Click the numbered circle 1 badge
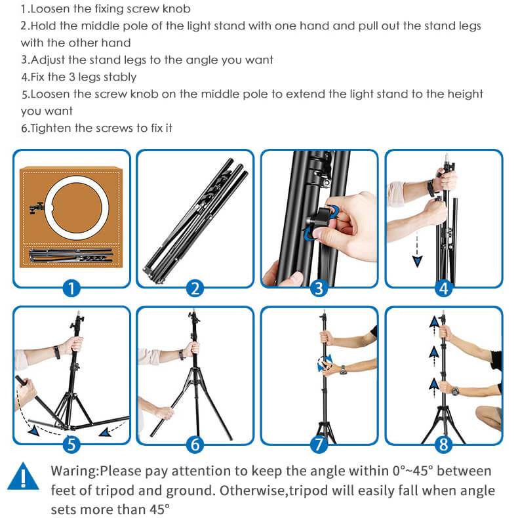(x=71, y=288)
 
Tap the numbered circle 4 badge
(x=443, y=288)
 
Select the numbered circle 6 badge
(x=195, y=445)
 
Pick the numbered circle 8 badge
(x=443, y=445)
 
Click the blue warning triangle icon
(x=23, y=476)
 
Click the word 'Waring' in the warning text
(x=73, y=471)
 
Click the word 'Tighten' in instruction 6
(x=50, y=128)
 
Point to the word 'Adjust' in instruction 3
(x=48, y=60)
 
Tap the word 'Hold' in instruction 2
(x=43, y=26)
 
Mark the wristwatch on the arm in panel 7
(x=343, y=370)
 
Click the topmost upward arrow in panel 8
(x=434, y=322)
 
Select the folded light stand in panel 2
(x=196, y=222)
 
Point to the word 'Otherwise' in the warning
(x=254, y=490)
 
